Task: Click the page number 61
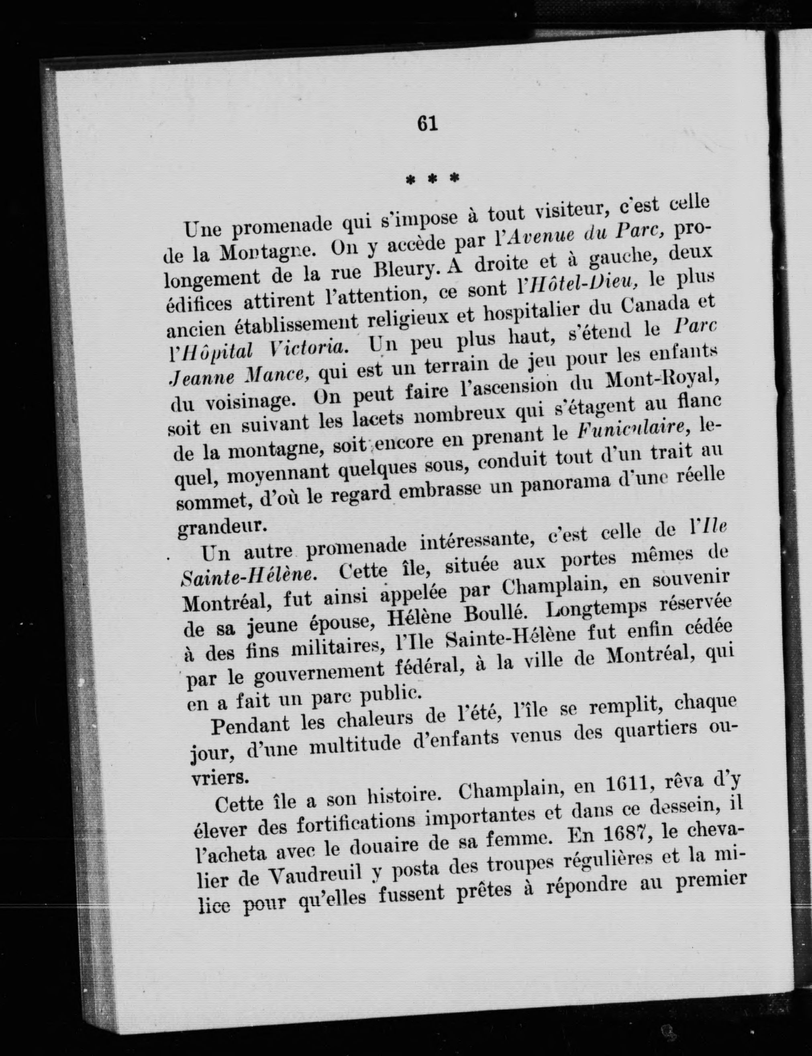click(427, 124)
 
